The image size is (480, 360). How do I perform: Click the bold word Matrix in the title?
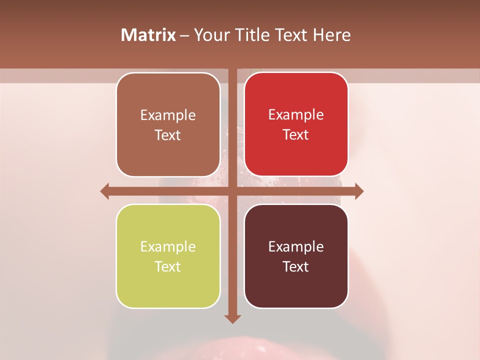148,35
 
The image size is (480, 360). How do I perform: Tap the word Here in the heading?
332,35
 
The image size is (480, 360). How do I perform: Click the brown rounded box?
168,124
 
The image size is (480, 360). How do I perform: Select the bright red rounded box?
296,124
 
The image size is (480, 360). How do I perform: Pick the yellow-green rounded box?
168,256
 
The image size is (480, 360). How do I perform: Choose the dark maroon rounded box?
296,256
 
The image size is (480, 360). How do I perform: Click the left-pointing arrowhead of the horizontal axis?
104,191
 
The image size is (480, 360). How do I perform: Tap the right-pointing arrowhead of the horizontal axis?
359,191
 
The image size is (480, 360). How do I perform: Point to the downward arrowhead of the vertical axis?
232,318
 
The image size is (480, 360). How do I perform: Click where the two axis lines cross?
232,191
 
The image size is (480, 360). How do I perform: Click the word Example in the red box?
296,114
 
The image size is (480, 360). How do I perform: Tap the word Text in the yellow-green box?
167,266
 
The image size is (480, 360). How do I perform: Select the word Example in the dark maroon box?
296,246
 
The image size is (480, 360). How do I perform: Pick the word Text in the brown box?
167,135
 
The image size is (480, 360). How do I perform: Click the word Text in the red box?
295,134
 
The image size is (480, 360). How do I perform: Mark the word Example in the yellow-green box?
168,246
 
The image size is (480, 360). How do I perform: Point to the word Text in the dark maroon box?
295,266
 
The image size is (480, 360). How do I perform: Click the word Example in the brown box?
168,115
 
